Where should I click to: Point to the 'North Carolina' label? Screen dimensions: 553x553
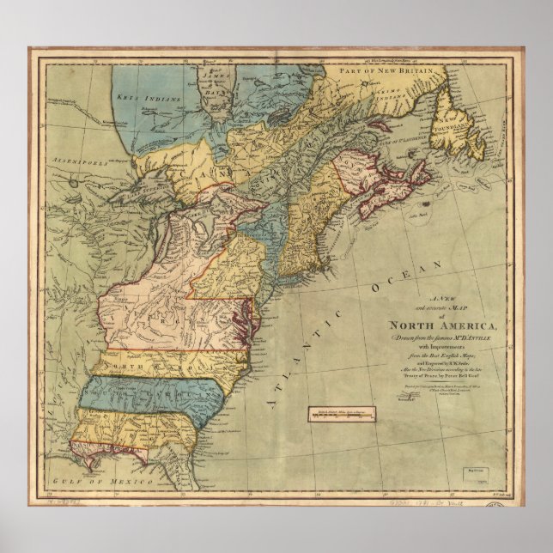tap(129, 365)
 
